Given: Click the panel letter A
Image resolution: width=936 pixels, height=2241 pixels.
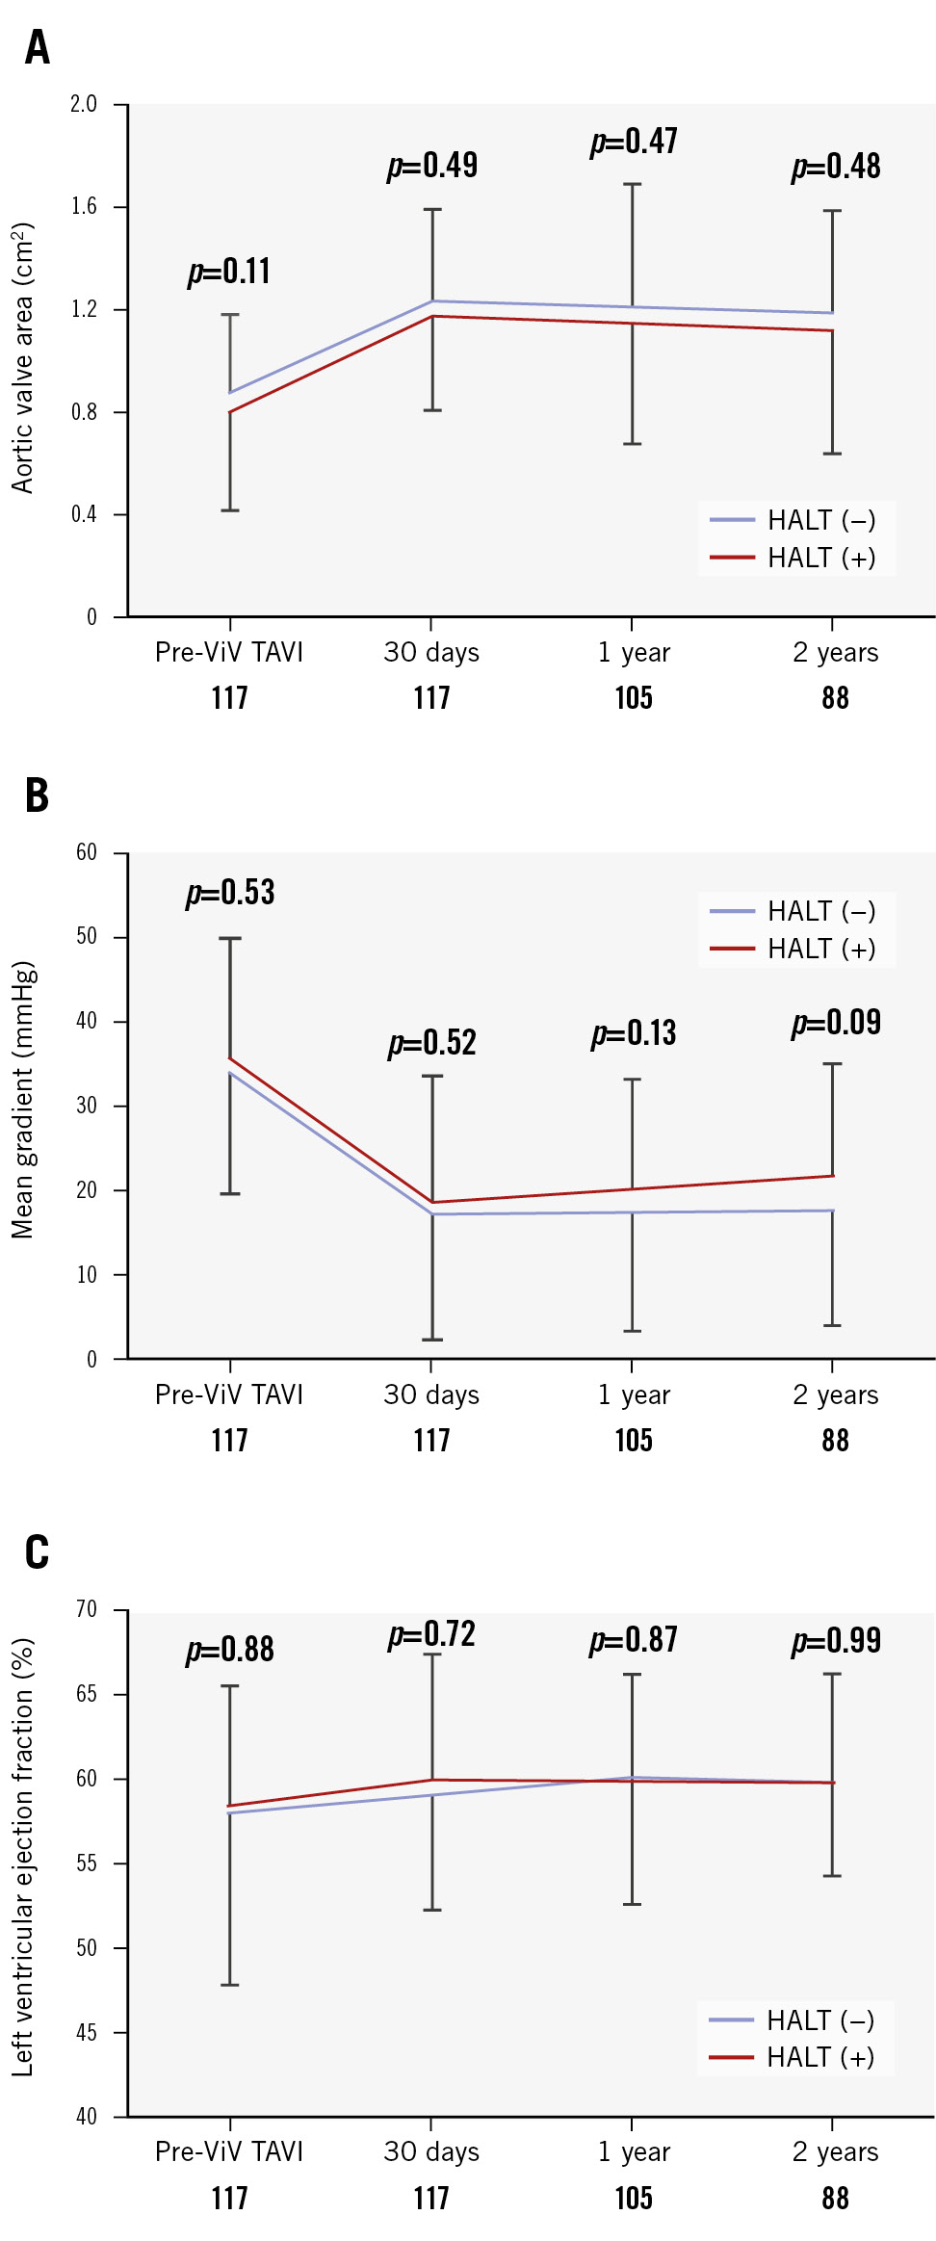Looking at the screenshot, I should [x=37, y=47].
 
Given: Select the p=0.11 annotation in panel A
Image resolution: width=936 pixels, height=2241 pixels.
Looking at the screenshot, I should [x=229, y=272].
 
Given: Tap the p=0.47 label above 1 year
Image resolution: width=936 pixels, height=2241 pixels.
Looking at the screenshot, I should [x=634, y=142].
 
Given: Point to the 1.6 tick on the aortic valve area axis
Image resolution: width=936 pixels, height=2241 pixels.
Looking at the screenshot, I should [x=85, y=206].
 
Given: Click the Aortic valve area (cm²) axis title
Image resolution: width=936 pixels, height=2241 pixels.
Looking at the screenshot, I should [x=22, y=358].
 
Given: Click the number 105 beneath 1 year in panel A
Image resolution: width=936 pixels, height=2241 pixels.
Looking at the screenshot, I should [x=634, y=697].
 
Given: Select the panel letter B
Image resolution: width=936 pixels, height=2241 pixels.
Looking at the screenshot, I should [x=37, y=795].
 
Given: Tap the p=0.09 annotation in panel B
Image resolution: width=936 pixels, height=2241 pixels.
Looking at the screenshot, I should [x=836, y=1023].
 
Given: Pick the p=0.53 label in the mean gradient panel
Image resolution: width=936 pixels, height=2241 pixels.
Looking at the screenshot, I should [x=230, y=893].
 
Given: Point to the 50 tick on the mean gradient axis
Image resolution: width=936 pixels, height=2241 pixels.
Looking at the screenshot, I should [x=87, y=936].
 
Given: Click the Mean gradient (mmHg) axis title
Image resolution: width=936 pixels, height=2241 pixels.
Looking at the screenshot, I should [x=22, y=1099].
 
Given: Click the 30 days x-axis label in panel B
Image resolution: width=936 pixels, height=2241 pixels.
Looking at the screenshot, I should [x=431, y=1394].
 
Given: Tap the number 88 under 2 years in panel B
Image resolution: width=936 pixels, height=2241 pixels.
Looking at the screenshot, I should [x=835, y=1441].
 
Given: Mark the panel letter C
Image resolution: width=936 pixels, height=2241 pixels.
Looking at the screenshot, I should [x=37, y=1552].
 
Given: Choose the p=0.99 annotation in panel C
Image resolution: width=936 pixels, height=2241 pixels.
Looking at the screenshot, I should [x=836, y=1641].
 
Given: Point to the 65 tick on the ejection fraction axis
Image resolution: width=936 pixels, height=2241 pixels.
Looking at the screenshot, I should [x=87, y=1693].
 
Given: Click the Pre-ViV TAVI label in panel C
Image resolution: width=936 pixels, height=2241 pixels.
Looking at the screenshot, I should [x=229, y=2151].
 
